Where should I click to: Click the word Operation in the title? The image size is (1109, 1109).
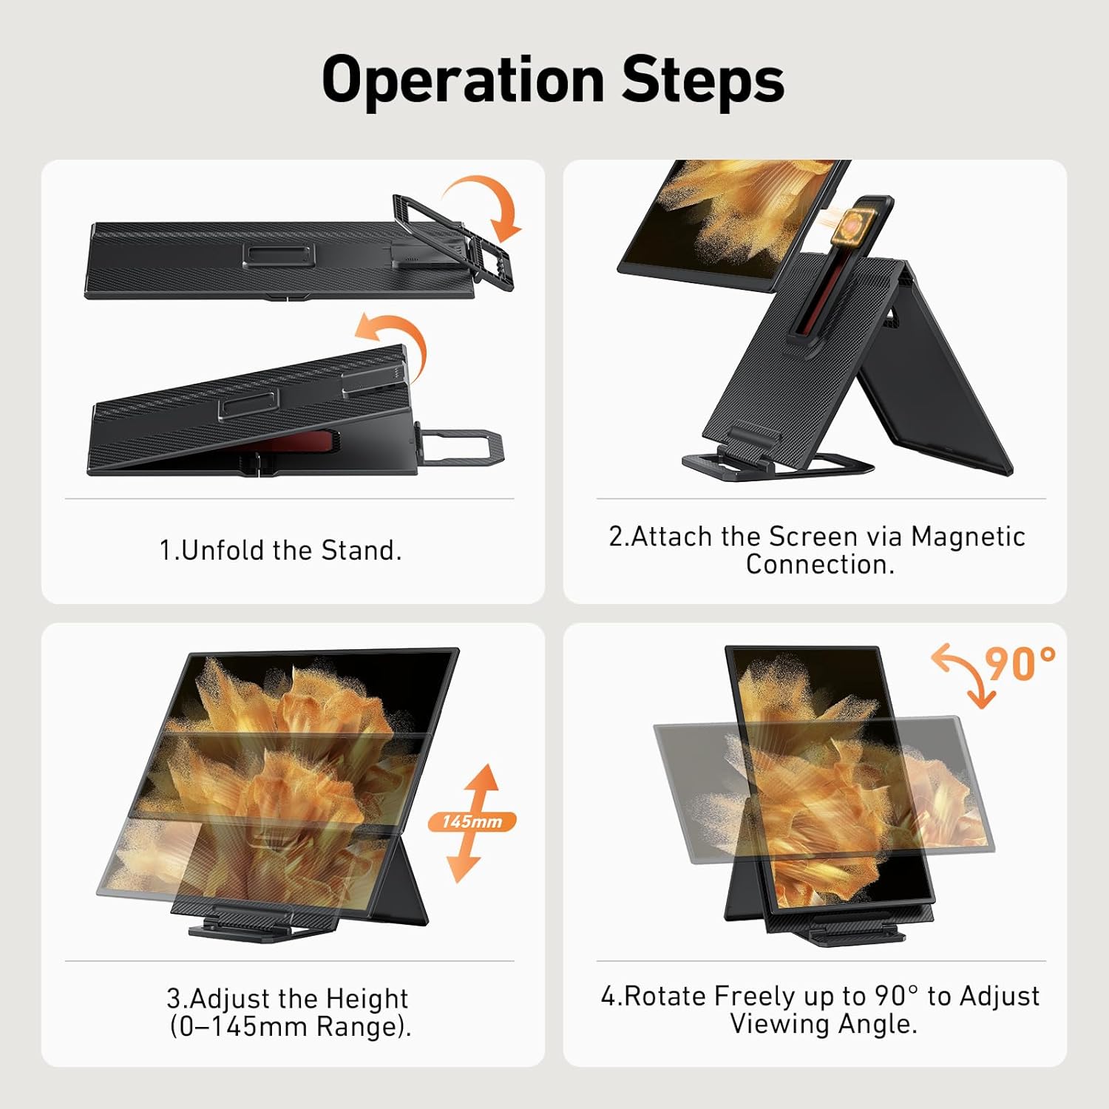point(464,81)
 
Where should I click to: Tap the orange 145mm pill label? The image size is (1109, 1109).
point(472,821)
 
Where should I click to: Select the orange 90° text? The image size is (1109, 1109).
point(1021,663)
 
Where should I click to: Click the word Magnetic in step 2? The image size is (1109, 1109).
point(968,536)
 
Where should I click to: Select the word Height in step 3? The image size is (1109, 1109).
point(367,998)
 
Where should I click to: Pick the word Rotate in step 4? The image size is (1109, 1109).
point(665,996)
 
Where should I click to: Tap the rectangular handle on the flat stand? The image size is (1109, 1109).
point(279,255)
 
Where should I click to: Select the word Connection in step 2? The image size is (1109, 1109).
point(820,564)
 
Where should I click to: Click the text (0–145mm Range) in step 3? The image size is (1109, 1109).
point(291,1026)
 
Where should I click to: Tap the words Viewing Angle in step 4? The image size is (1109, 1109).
point(824,1024)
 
